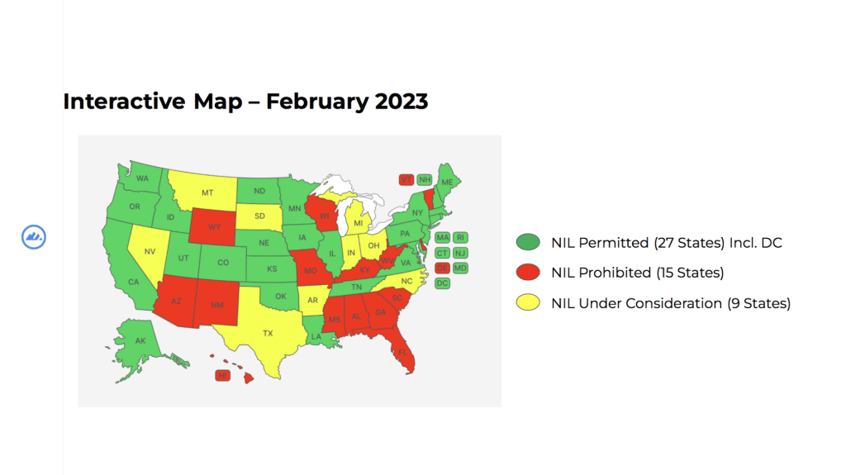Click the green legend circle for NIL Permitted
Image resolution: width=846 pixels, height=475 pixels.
pos(528,243)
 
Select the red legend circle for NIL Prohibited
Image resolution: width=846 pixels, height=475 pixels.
pos(528,273)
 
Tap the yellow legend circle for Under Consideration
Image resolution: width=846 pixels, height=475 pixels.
pos(528,303)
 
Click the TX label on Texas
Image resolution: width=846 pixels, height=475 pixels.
pos(268,333)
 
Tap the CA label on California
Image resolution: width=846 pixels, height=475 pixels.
pos(132,282)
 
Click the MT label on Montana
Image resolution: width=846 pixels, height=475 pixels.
pos(207,192)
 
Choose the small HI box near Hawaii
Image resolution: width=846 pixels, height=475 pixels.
pos(221,376)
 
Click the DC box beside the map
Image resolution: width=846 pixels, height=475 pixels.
pos(442,283)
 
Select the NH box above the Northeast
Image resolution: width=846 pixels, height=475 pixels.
pos(425,179)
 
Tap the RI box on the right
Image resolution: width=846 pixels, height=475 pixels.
pos(460,238)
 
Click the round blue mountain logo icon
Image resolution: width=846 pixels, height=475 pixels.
pos(34,237)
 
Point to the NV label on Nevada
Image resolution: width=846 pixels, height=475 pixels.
pos(150,252)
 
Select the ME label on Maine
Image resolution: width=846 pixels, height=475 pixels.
pos(447,182)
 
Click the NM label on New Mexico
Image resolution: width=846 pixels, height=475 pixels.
pos(216,305)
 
